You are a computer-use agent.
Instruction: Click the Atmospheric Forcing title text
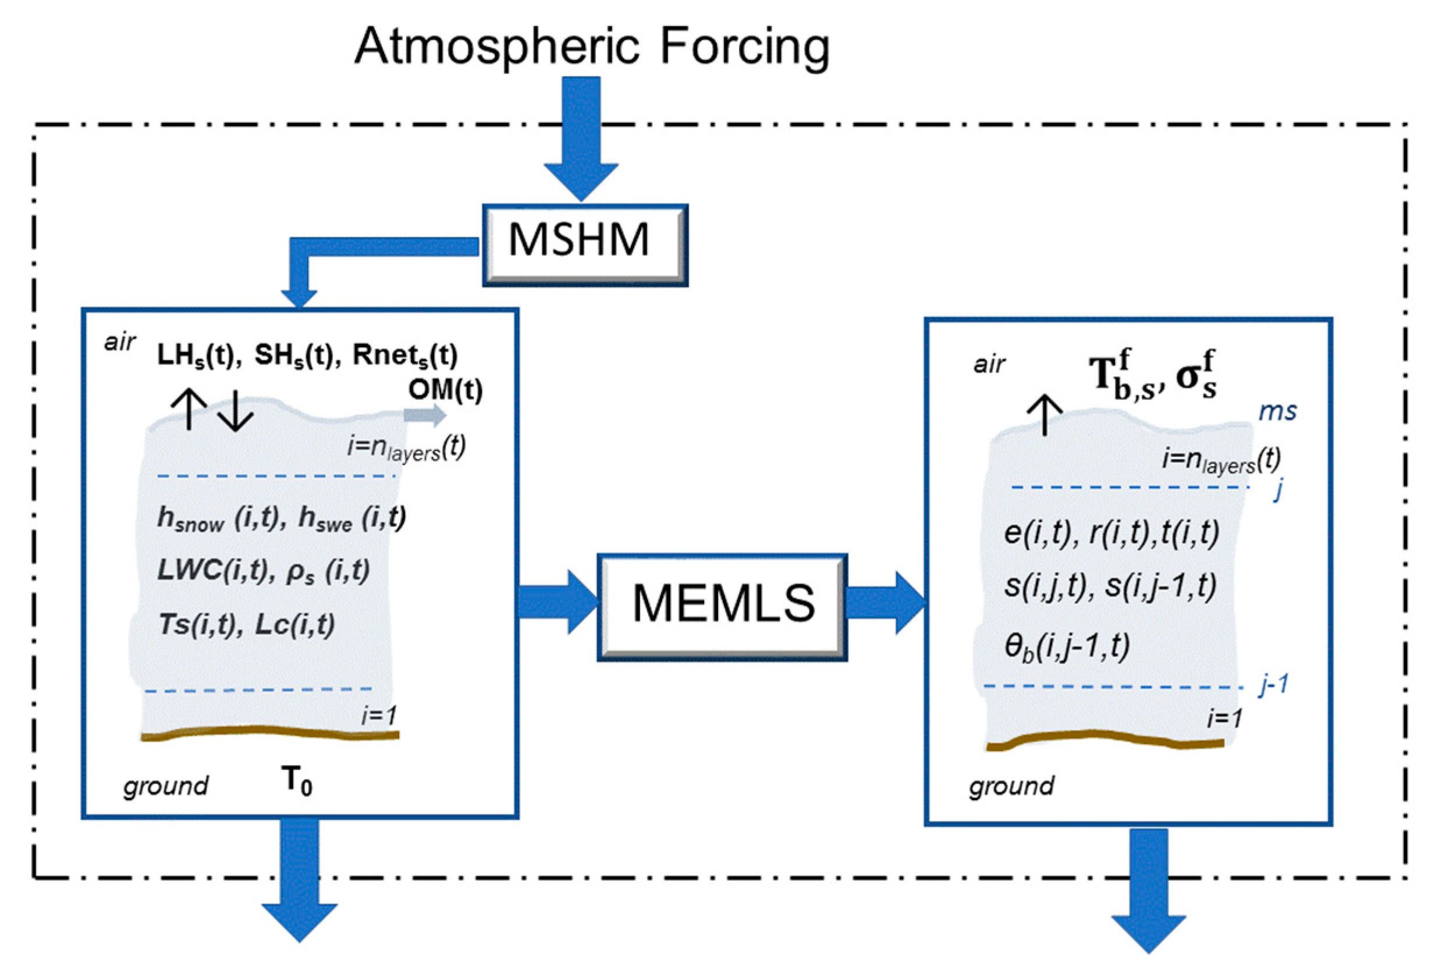[591, 47]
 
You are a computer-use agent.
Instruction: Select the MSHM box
[584, 245]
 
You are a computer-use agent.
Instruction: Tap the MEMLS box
[722, 606]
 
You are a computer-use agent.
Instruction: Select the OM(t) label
[445, 390]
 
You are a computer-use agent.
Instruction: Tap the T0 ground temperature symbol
[297, 780]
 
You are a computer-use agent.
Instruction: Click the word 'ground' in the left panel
[166, 786]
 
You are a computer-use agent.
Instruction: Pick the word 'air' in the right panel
[989, 364]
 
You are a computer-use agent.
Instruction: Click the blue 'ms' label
[1277, 411]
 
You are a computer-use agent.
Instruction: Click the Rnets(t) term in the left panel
[405, 355]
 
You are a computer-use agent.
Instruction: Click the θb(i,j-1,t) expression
[1067, 646]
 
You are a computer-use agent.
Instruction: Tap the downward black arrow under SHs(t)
[236, 410]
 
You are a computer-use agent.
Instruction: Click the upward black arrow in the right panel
[1045, 414]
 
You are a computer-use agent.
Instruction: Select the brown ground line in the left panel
[269, 732]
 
